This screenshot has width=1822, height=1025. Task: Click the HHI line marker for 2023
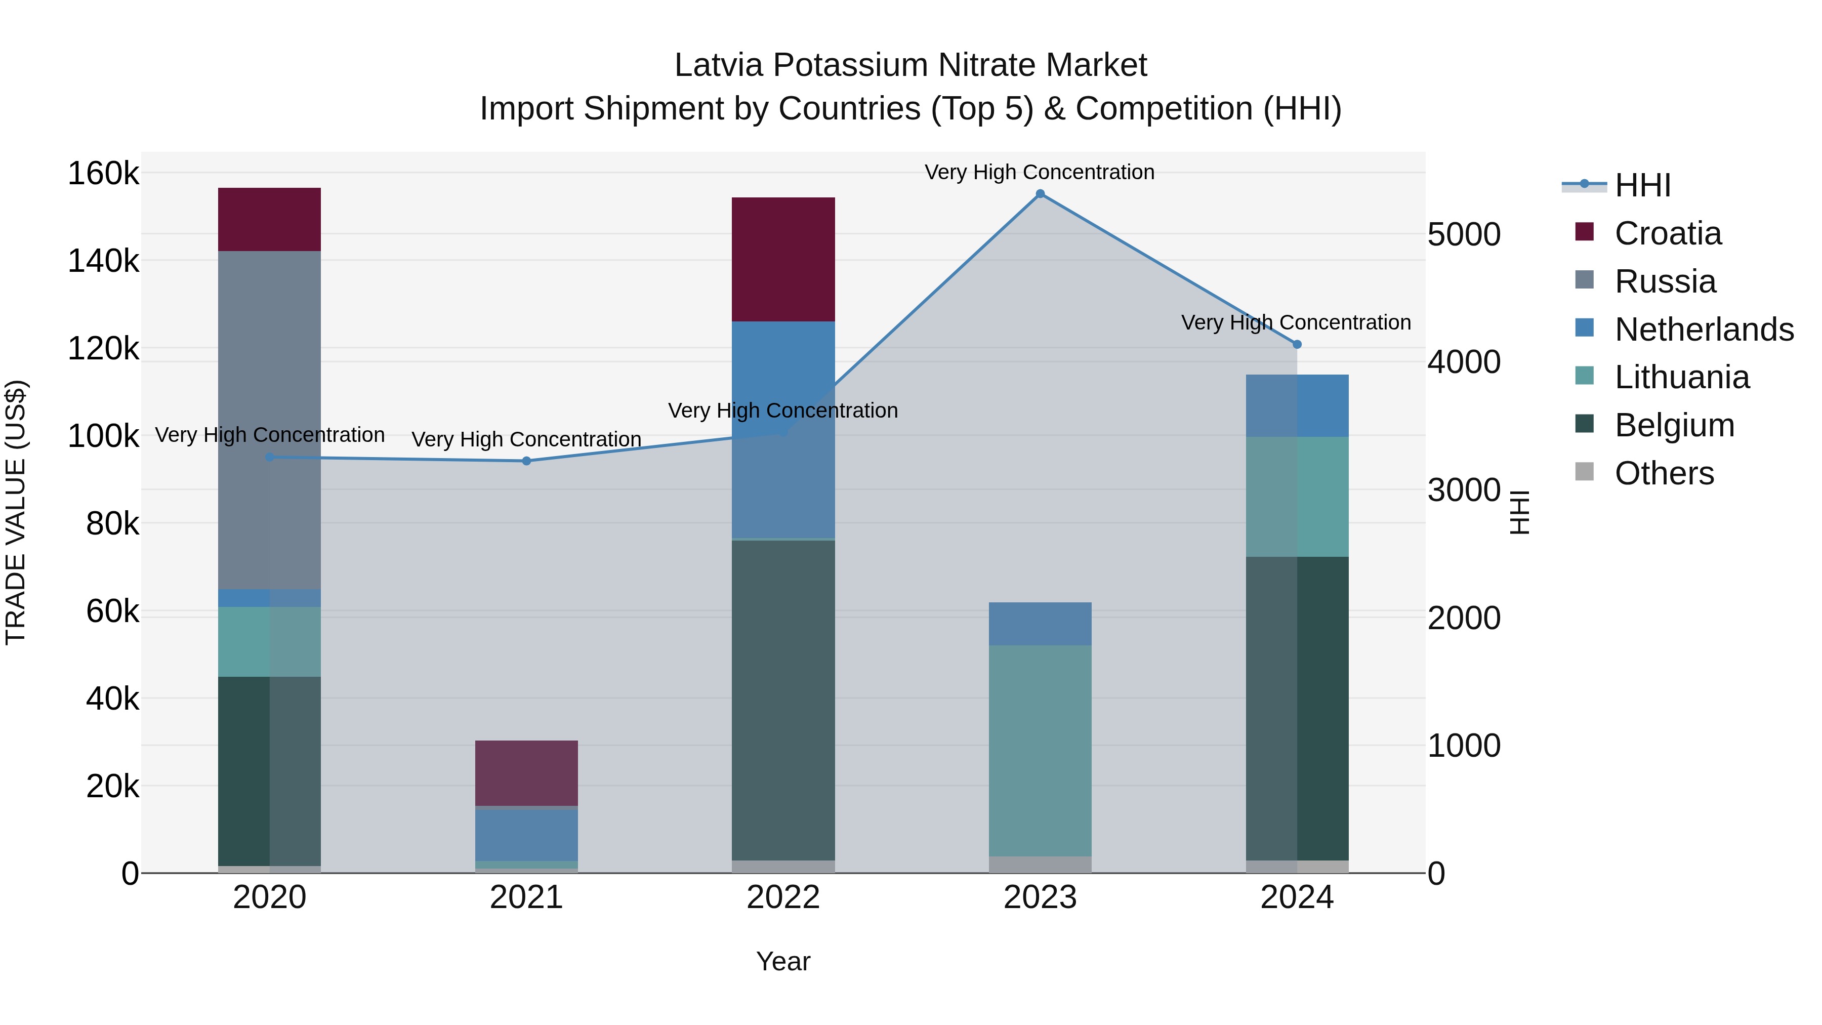point(1040,194)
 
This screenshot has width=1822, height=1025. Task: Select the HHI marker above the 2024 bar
point(1297,345)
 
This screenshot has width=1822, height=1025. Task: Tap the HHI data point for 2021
point(526,461)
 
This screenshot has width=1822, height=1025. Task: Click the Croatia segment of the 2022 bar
point(783,260)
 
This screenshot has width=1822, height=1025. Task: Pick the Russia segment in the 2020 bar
point(269,420)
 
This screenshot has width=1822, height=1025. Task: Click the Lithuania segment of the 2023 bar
point(1040,751)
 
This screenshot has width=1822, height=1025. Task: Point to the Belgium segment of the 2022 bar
point(783,701)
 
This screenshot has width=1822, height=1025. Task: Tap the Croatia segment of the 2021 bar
point(526,773)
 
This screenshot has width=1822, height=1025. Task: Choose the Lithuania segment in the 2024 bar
point(1297,497)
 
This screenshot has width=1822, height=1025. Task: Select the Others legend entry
point(1664,473)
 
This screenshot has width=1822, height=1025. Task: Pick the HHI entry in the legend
point(1642,185)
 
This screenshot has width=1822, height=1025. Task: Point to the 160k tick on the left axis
point(103,173)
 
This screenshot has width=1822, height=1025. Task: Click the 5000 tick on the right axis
point(1463,235)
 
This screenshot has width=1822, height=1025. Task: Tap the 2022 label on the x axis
point(783,897)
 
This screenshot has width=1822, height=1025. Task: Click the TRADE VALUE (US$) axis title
point(16,512)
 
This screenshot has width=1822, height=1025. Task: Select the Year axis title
point(783,961)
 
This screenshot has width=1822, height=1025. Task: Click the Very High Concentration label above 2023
point(1039,172)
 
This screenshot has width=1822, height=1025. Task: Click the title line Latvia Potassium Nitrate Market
point(910,65)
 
